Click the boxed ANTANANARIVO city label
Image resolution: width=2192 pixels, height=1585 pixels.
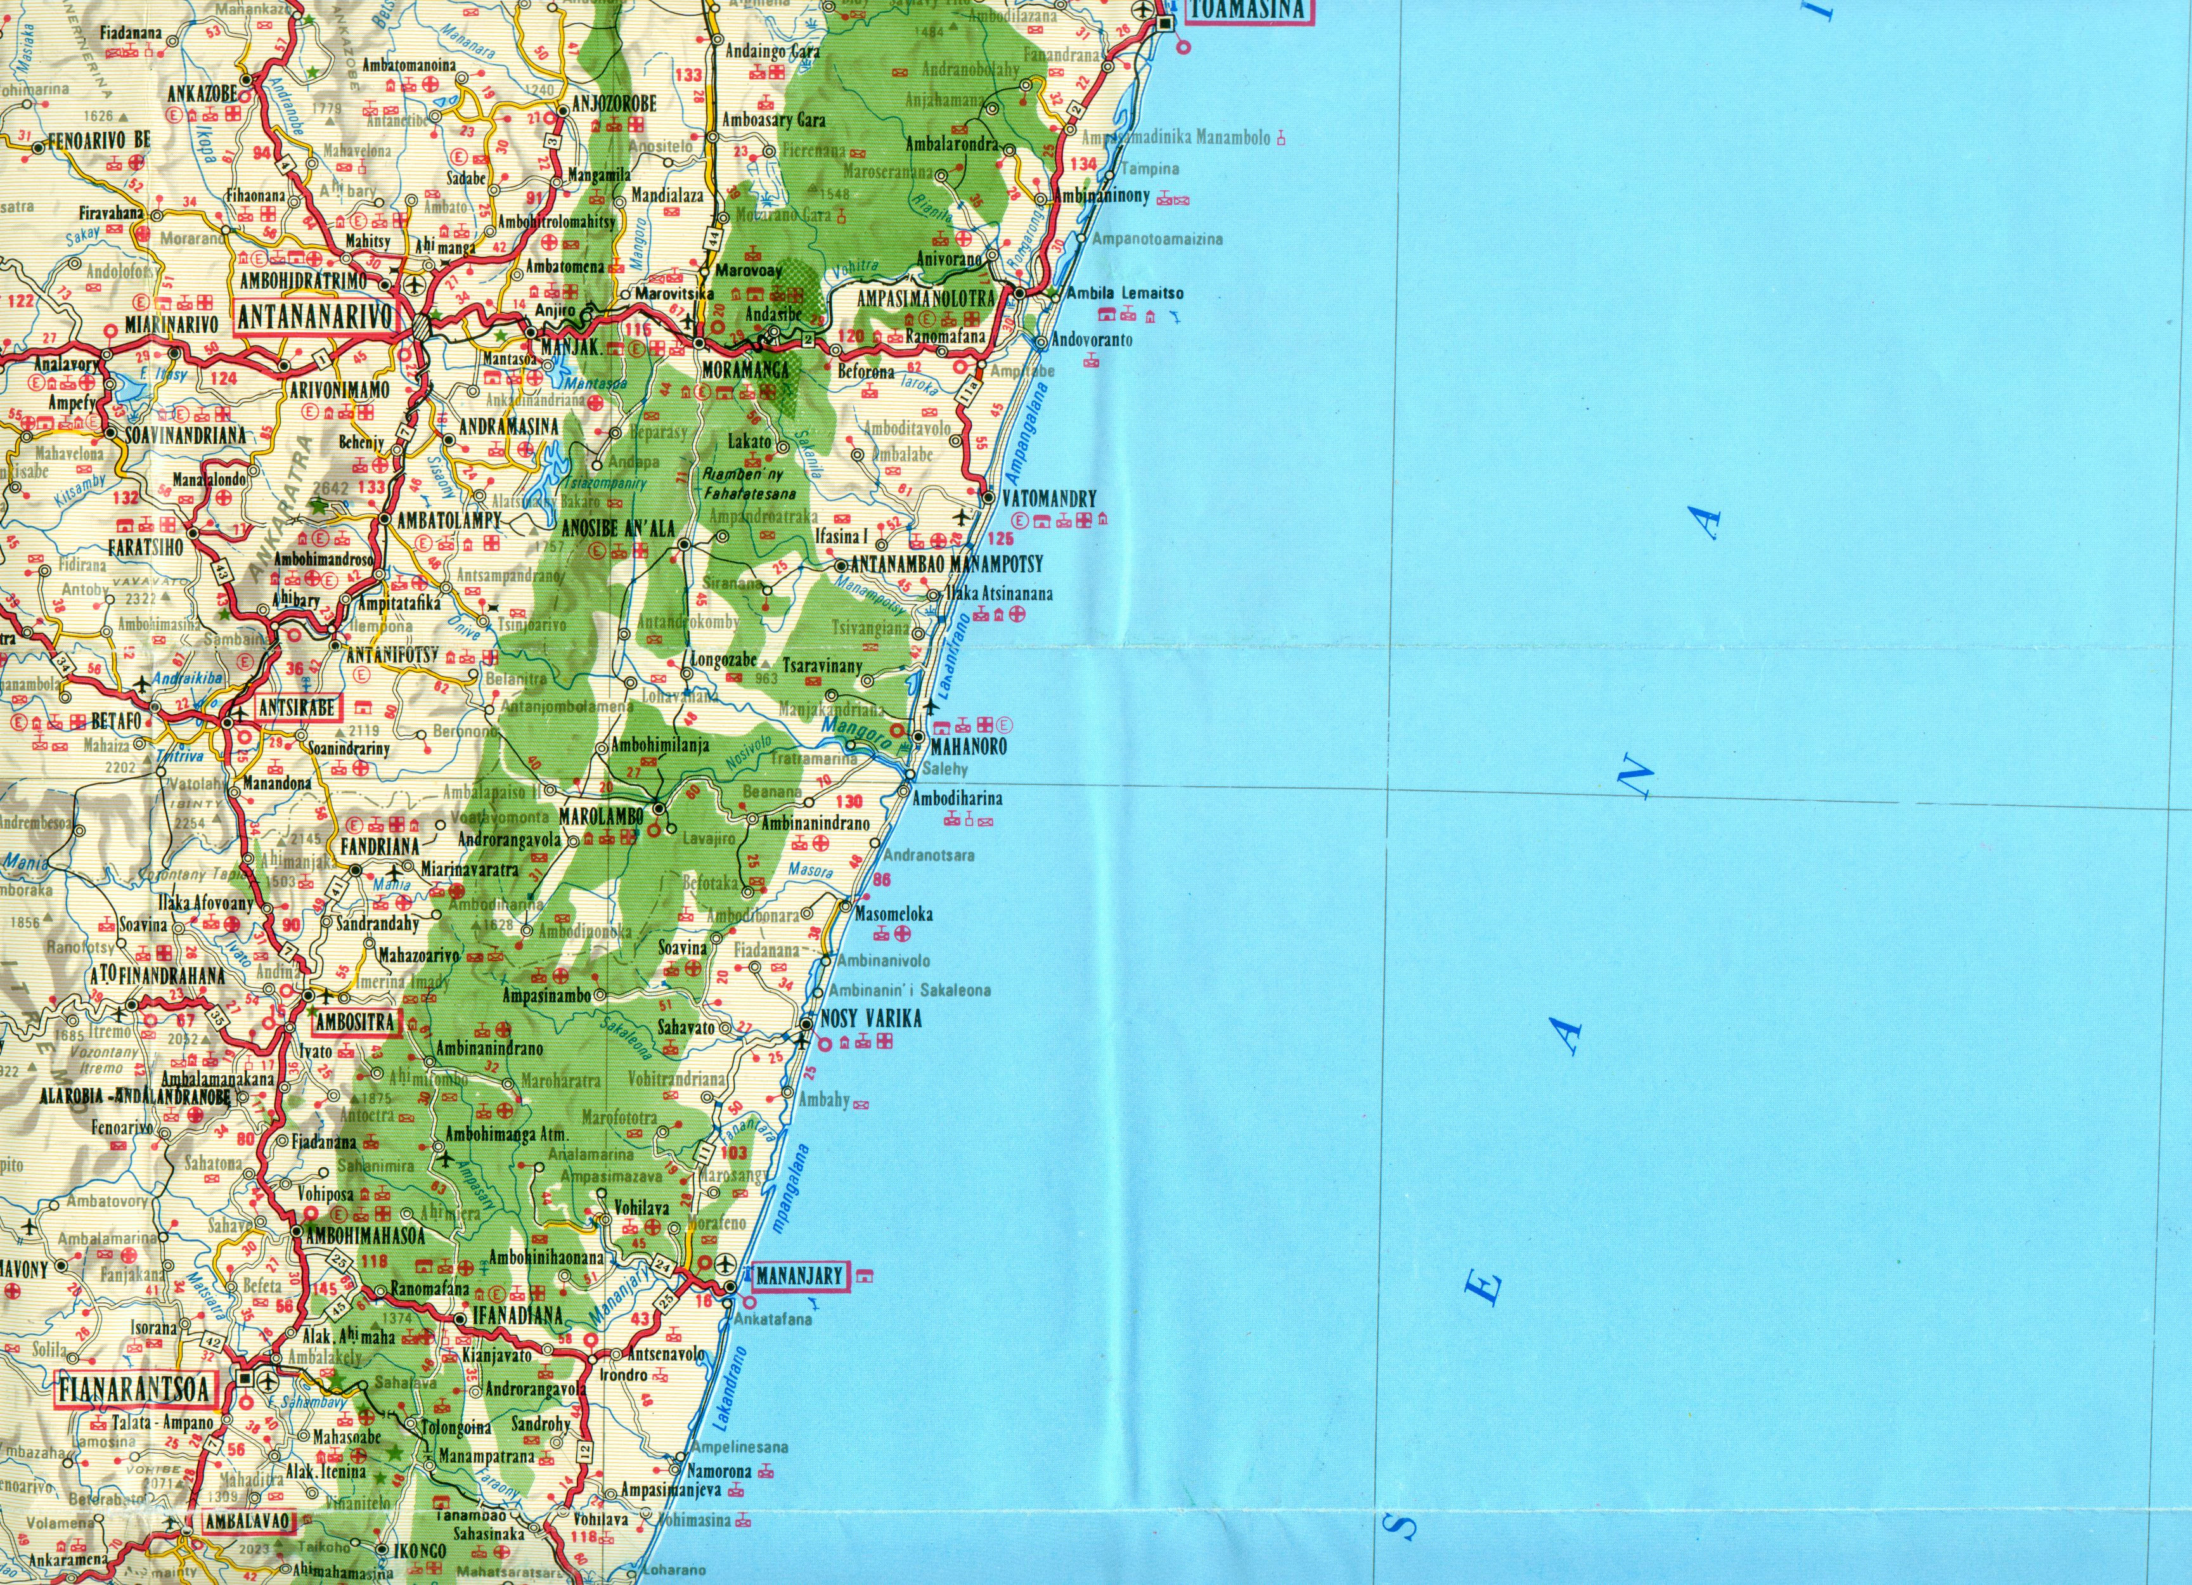[x=315, y=317]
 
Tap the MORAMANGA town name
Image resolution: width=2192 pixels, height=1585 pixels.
[x=745, y=369]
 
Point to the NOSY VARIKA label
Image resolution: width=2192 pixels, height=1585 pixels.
[x=870, y=1018]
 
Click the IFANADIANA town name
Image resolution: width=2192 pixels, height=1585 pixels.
[x=517, y=1314]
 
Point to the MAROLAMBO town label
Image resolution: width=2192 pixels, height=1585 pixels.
[x=601, y=816]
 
